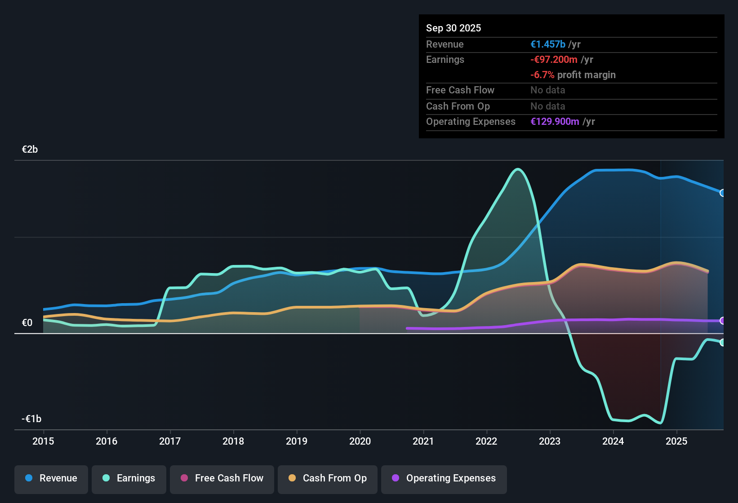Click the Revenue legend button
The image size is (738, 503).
point(51,478)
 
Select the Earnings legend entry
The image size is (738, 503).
point(129,478)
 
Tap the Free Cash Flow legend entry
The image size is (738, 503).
point(222,478)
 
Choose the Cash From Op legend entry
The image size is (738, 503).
point(328,478)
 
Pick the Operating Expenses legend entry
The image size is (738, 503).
point(444,478)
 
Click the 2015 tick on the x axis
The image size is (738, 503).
point(43,441)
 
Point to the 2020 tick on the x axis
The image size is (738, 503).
point(360,441)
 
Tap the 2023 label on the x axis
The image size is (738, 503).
point(550,441)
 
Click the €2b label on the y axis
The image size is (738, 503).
point(30,150)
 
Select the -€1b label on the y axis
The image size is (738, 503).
point(31,419)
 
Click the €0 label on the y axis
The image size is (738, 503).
point(27,323)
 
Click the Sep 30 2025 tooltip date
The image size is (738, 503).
point(453,28)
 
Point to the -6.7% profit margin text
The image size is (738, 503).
point(573,75)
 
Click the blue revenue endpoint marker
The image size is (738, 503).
point(722,193)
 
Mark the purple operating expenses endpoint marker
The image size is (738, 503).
point(722,321)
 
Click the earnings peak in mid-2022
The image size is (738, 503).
point(518,169)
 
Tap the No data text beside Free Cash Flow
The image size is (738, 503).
point(547,90)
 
